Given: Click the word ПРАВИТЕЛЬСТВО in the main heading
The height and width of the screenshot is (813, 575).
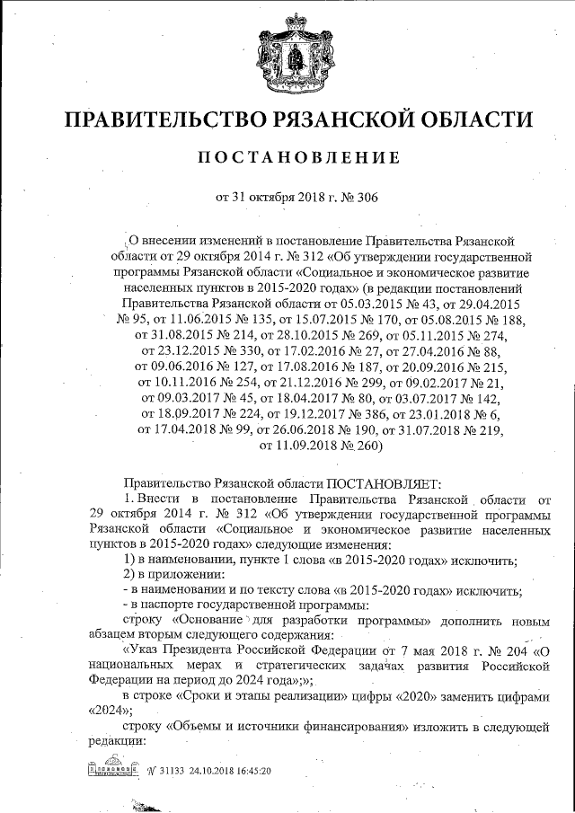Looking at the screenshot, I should [x=184, y=119].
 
